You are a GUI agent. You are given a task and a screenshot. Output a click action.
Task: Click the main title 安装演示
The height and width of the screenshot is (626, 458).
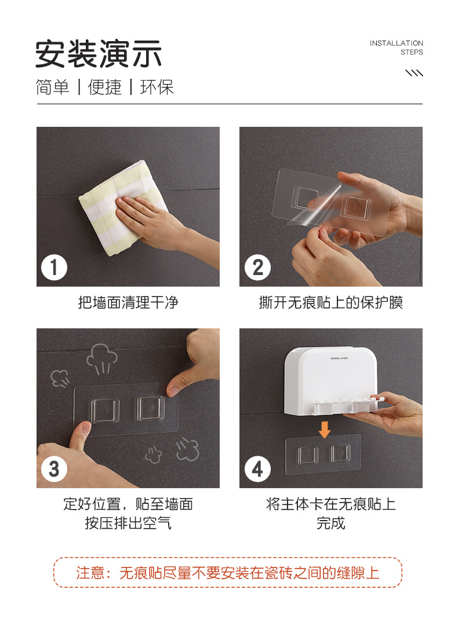[99, 54]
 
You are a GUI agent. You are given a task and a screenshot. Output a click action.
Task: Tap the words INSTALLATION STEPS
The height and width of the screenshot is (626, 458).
[396, 47]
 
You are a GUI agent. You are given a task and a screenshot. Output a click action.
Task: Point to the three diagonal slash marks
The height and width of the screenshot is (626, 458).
[414, 73]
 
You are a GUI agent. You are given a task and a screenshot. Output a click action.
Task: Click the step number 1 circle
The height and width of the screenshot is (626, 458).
[54, 267]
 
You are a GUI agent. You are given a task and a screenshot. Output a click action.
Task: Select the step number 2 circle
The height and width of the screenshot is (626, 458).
[257, 267]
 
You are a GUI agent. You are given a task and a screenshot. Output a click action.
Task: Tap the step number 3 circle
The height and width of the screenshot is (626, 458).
[54, 468]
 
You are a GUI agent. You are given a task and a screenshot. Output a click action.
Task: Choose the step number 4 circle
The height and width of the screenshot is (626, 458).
[257, 468]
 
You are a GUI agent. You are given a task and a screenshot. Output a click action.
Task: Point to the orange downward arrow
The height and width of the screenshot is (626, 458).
[325, 429]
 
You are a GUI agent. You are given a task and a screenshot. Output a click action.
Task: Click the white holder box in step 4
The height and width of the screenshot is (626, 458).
[331, 380]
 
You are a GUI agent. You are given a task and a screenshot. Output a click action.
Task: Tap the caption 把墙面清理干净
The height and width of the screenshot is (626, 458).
[128, 302]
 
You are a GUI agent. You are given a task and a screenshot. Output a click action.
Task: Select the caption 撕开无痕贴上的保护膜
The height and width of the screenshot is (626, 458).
[331, 302]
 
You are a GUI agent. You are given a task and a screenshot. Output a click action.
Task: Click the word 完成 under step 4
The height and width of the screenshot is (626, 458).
[331, 522]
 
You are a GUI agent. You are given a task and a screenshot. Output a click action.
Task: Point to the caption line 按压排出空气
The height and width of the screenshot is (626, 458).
[128, 522]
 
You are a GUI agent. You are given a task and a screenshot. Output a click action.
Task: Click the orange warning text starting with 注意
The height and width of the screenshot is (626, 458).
[228, 573]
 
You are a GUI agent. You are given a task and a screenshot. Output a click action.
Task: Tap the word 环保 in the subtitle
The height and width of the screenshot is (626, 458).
[157, 87]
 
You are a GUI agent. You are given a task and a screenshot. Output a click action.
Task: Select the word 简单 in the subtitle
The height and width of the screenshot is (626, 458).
[52, 87]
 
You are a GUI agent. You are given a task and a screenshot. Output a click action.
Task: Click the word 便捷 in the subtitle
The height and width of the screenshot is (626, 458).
[105, 87]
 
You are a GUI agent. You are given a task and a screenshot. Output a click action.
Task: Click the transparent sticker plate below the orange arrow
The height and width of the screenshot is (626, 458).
[323, 455]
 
